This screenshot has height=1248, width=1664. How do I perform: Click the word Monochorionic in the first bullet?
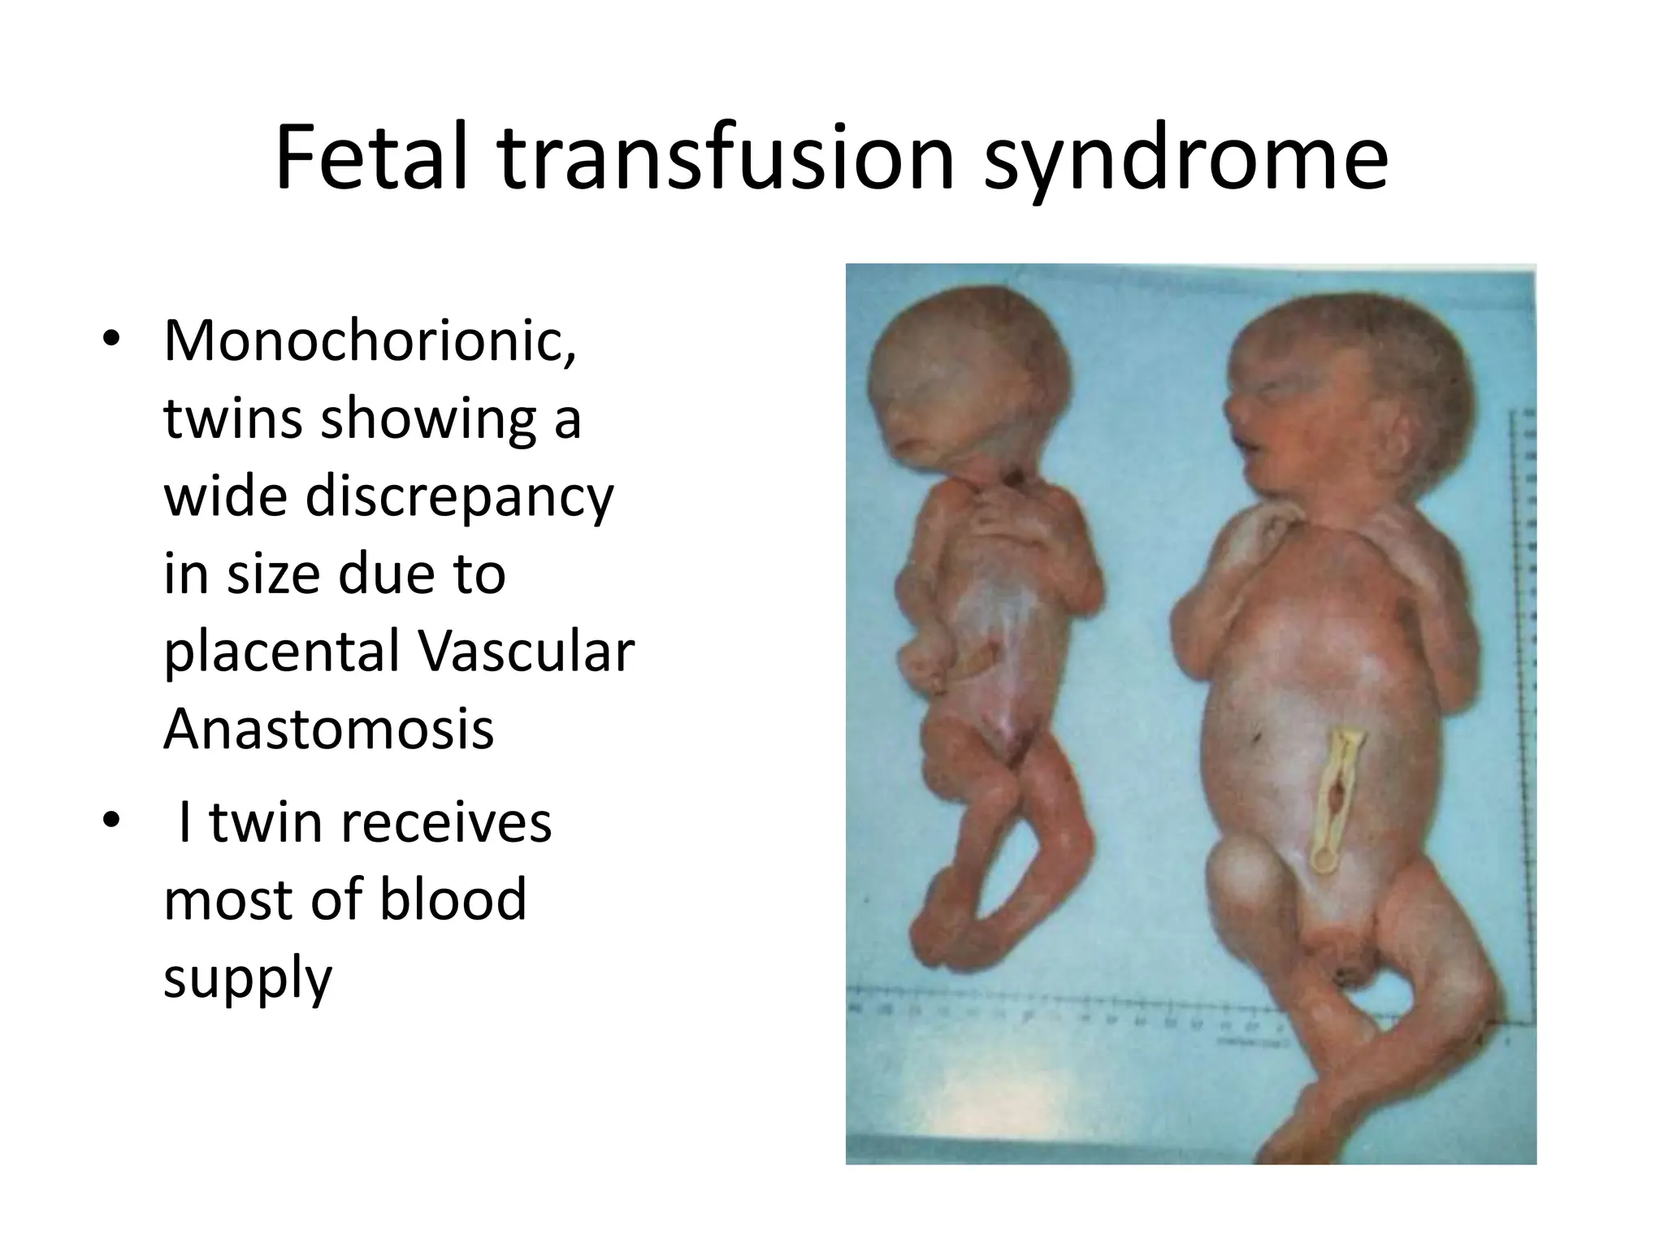(x=370, y=341)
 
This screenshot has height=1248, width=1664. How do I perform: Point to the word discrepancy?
(x=459, y=497)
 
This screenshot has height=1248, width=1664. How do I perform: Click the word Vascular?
(x=526, y=652)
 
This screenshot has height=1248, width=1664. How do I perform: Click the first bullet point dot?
(x=111, y=340)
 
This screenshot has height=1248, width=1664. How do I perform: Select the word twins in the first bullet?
(x=232, y=419)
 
